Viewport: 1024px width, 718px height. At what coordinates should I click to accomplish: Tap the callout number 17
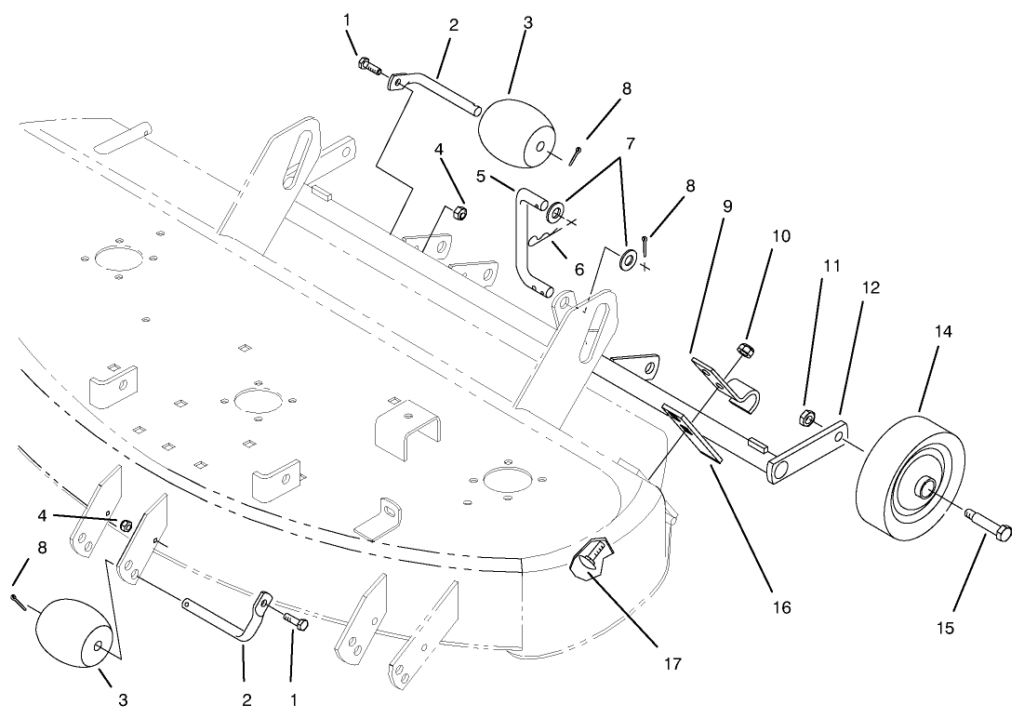pyautogui.click(x=672, y=664)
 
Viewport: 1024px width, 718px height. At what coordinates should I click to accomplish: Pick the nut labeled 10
pyautogui.click(x=744, y=351)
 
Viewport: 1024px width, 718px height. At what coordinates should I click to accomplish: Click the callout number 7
pyautogui.click(x=630, y=145)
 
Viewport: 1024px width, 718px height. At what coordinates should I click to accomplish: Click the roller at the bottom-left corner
pyautogui.click(x=74, y=632)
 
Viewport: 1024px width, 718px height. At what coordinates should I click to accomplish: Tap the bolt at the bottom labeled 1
pyautogui.click(x=295, y=620)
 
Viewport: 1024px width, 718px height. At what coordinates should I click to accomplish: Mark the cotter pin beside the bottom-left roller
pyautogui.click(x=20, y=603)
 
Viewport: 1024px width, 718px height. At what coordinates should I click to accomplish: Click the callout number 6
pyautogui.click(x=579, y=269)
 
